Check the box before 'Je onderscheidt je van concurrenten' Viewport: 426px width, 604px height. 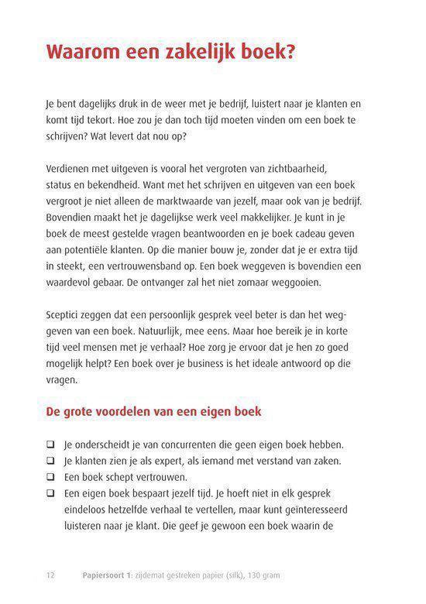[x=50, y=444]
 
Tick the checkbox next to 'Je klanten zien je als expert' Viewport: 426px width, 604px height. [x=50, y=461]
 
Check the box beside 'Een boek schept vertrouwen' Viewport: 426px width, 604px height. [x=50, y=477]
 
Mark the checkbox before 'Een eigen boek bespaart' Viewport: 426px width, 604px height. [x=50, y=493]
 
